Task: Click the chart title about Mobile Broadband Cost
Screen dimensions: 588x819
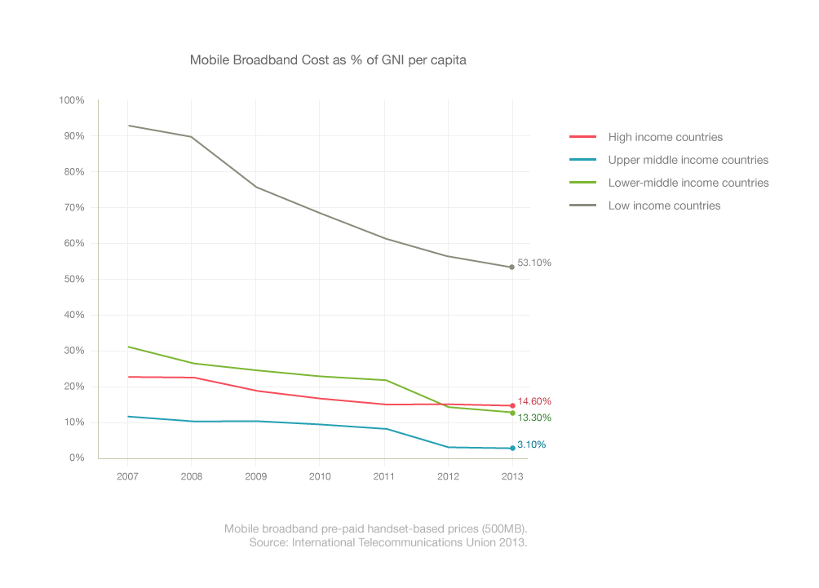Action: click(328, 60)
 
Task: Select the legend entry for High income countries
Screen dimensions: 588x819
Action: click(665, 137)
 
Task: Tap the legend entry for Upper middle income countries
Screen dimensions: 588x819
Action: click(688, 160)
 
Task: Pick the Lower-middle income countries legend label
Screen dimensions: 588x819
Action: click(688, 183)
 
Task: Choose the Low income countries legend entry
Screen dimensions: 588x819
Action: click(664, 206)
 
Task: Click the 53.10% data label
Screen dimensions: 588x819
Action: click(534, 263)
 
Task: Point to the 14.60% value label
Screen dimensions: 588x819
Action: click(534, 401)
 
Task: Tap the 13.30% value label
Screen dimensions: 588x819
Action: click(534, 418)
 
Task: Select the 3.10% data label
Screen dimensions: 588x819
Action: click(532, 444)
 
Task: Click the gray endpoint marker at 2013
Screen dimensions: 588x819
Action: click(511, 267)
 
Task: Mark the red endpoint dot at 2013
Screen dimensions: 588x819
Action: click(512, 405)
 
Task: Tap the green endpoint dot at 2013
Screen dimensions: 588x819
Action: click(512, 413)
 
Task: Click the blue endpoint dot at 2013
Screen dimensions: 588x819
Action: click(512, 448)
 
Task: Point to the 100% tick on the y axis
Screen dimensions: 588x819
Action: click(72, 100)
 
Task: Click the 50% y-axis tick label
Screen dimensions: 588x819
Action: click(73, 279)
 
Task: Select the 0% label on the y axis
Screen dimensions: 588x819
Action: click(76, 458)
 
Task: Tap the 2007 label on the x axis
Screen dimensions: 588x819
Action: click(128, 475)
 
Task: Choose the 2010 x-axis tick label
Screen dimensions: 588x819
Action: click(320, 475)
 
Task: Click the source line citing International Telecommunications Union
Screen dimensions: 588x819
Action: click(388, 542)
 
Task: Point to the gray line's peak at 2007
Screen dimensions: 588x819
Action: click(129, 126)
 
